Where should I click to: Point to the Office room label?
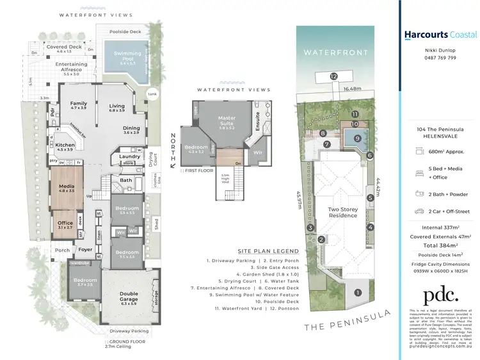(65, 224)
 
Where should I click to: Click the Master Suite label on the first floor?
(227, 121)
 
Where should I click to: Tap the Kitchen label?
(65, 147)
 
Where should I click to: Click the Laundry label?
(130, 156)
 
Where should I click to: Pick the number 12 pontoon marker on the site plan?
(333, 76)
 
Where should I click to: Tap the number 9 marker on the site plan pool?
(358, 138)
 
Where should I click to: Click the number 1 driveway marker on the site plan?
(358, 294)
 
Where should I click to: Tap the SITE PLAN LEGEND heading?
(268, 251)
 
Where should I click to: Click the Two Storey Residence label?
(343, 212)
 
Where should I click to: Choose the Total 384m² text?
(440, 245)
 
